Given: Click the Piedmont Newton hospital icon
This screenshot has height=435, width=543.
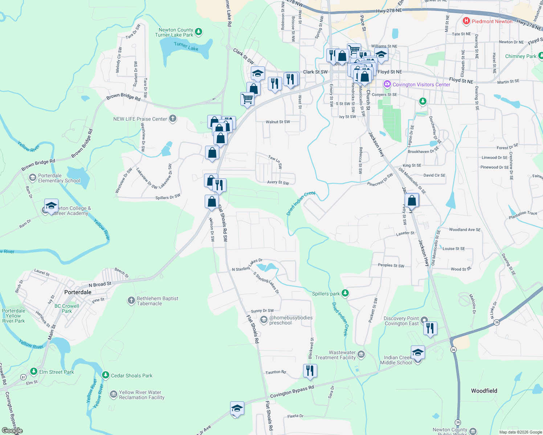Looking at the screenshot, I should pyautogui.click(x=466, y=21).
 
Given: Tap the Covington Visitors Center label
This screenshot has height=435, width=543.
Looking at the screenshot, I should pyautogui.click(x=421, y=84).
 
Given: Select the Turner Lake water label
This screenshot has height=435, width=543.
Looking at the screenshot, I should pyautogui.click(x=186, y=46).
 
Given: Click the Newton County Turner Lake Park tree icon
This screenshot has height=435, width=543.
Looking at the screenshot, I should pyautogui.click(x=199, y=32).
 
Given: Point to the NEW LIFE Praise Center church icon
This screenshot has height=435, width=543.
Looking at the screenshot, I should pyautogui.click(x=173, y=119).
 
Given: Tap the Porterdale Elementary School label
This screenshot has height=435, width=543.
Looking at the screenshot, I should pyautogui.click(x=59, y=178).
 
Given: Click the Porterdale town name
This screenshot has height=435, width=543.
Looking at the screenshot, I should pyautogui.click(x=78, y=292).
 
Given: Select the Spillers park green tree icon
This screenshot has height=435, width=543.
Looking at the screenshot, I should pyautogui.click(x=345, y=293).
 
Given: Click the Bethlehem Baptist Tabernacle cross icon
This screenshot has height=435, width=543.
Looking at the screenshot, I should pyautogui.click(x=131, y=301).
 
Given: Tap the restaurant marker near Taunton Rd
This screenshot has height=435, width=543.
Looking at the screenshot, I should pyautogui.click(x=310, y=371).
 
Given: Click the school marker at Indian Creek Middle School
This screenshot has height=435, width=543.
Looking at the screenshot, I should pyautogui.click(x=417, y=352).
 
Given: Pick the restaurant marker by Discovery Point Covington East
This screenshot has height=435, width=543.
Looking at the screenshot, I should pyautogui.click(x=430, y=328).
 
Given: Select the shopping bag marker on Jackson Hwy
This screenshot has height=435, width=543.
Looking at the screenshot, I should pyautogui.click(x=412, y=200).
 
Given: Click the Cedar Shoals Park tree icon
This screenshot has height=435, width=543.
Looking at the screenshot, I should pyautogui.click(x=105, y=375).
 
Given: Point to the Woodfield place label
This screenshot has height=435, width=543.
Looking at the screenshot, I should pyautogui.click(x=484, y=391).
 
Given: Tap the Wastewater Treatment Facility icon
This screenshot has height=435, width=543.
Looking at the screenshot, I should pyautogui.click(x=361, y=354).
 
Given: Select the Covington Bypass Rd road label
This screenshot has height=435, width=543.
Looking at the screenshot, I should pyautogui.click(x=292, y=392).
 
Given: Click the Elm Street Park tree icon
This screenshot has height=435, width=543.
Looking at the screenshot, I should pyautogui.click(x=34, y=372).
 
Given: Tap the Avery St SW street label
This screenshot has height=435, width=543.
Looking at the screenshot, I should pyautogui.click(x=278, y=182).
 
